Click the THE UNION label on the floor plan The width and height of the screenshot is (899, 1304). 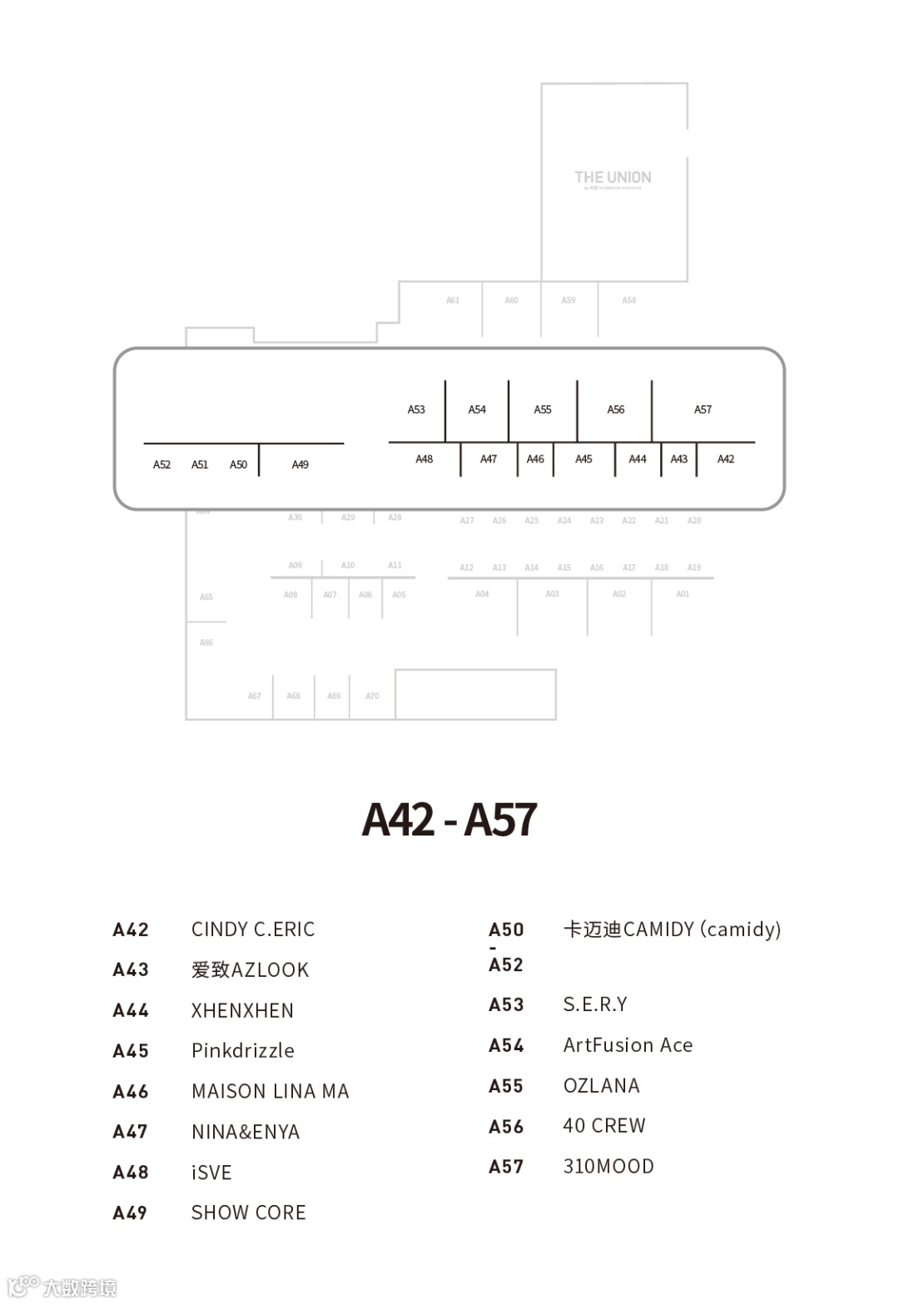coord(613,178)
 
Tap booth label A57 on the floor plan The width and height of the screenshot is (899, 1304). coord(703,409)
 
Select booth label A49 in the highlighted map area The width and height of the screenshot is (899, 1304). coord(300,464)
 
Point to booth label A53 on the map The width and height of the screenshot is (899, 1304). coord(416,409)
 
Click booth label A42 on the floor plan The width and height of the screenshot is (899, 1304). coord(726,459)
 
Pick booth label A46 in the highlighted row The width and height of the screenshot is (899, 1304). coord(535,459)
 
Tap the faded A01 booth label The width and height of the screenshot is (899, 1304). coord(683,594)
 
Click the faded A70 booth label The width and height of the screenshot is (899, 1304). coord(372,696)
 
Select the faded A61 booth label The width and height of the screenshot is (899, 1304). coord(453,300)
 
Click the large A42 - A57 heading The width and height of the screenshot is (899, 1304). coord(449,820)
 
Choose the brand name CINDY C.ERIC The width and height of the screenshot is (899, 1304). coord(253,930)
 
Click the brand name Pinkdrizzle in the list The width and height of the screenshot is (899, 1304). coord(242,1051)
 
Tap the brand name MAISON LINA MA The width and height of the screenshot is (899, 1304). coord(270,1091)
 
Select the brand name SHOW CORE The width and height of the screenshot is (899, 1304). coord(248,1212)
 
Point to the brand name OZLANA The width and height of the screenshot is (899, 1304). coord(601,1086)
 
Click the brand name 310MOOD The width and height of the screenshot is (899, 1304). coord(608,1167)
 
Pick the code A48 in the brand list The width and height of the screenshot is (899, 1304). coord(131,1173)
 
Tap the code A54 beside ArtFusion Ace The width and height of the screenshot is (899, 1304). coord(506,1045)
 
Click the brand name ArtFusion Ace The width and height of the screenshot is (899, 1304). coord(628,1045)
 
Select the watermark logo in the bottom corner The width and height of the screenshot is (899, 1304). coord(62,1287)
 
